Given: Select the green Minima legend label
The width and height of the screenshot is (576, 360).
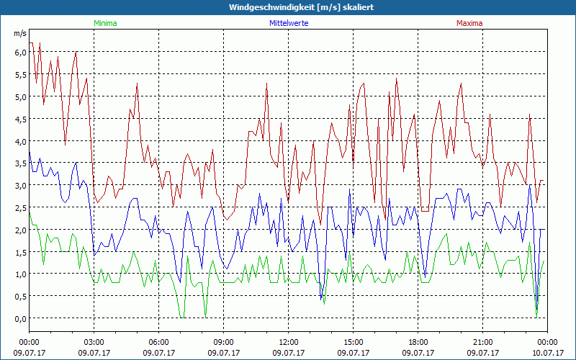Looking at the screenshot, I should [105, 23].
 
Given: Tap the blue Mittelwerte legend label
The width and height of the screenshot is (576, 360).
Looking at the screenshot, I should [289, 23].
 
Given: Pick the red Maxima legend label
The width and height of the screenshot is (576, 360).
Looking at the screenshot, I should [469, 23].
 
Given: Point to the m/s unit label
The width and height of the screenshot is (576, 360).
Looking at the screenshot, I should [19, 34].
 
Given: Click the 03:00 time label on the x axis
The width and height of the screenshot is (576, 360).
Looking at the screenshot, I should [94, 342].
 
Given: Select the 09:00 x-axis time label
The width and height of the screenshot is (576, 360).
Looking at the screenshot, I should [224, 342].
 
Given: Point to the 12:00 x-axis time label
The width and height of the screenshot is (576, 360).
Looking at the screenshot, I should [289, 342].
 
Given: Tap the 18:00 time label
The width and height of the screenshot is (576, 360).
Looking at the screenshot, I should [418, 342].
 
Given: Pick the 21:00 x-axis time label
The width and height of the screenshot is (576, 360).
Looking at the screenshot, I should [483, 342].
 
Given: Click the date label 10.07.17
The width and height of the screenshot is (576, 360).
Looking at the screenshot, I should [548, 353].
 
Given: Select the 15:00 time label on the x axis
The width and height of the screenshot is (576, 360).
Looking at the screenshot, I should [354, 342].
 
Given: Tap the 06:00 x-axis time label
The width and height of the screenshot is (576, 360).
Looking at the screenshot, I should [159, 342].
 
